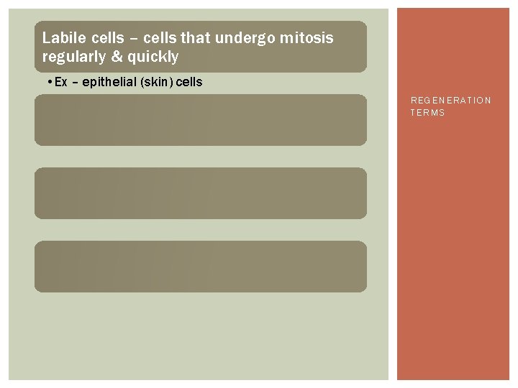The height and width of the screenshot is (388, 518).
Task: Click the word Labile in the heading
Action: [x=63, y=37]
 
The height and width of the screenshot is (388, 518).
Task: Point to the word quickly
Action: [x=153, y=56]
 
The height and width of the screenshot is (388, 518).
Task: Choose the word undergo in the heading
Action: [x=236, y=37]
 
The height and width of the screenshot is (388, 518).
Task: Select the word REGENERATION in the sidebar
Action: [x=451, y=101]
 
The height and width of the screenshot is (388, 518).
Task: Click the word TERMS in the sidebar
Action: [x=428, y=113]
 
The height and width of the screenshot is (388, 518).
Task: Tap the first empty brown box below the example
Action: [x=200, y=120]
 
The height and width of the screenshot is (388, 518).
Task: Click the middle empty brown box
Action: [x=200, y=193]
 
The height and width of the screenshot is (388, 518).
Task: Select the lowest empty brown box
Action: [x=200, y=267]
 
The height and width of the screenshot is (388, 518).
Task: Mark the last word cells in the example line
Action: [x=190, y=82]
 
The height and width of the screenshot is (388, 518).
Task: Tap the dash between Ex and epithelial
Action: [x=74, y=82]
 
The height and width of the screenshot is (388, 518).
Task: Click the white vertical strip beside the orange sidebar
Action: [x=393, y=194]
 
